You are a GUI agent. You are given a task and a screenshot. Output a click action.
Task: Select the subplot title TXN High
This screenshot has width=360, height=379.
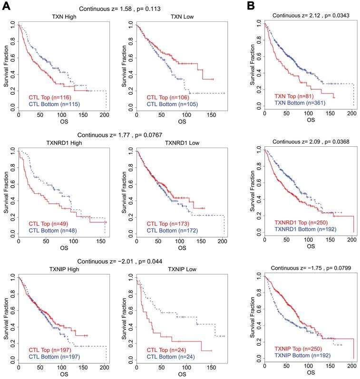62,17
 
